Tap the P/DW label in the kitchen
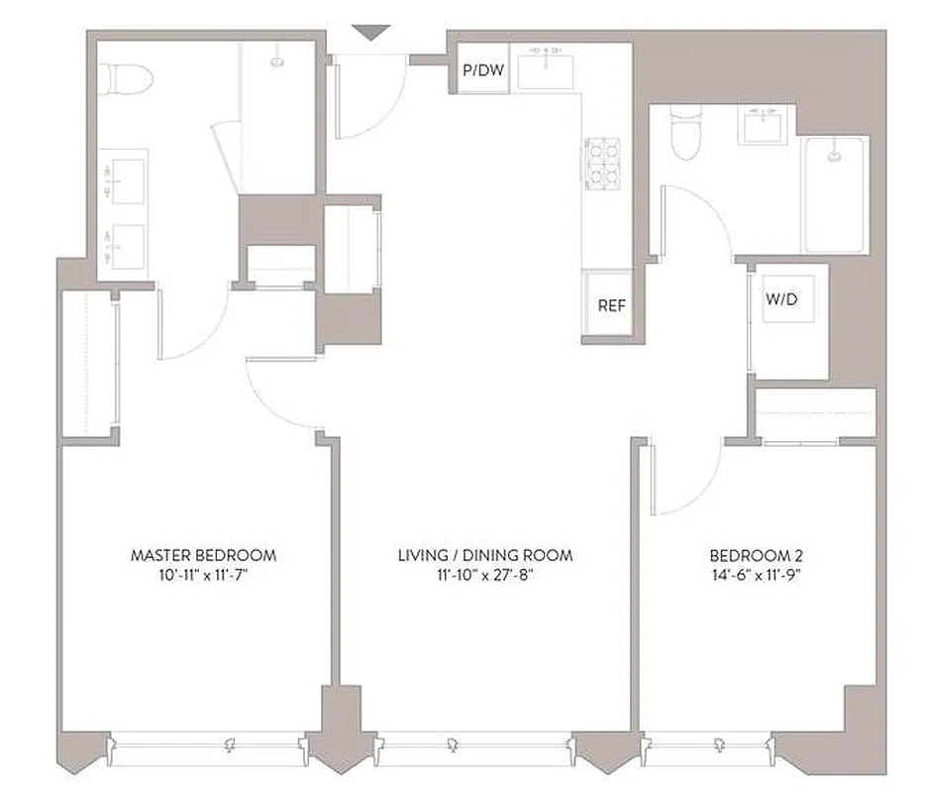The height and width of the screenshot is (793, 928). (x=481, y=71)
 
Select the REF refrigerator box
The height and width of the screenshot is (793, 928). (x=612, y=305)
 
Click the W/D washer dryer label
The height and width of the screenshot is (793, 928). (x=780, y=299)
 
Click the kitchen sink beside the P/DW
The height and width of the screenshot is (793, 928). (x=546, y=67)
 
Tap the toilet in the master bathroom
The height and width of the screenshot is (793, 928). (x=127, y=76)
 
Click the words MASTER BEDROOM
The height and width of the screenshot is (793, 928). (x=203, y=555)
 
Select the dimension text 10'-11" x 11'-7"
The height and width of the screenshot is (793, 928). (x=203, y=575)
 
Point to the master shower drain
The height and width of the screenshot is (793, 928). (x=277, y=61)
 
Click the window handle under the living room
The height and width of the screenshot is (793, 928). (x=452, y=743)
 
